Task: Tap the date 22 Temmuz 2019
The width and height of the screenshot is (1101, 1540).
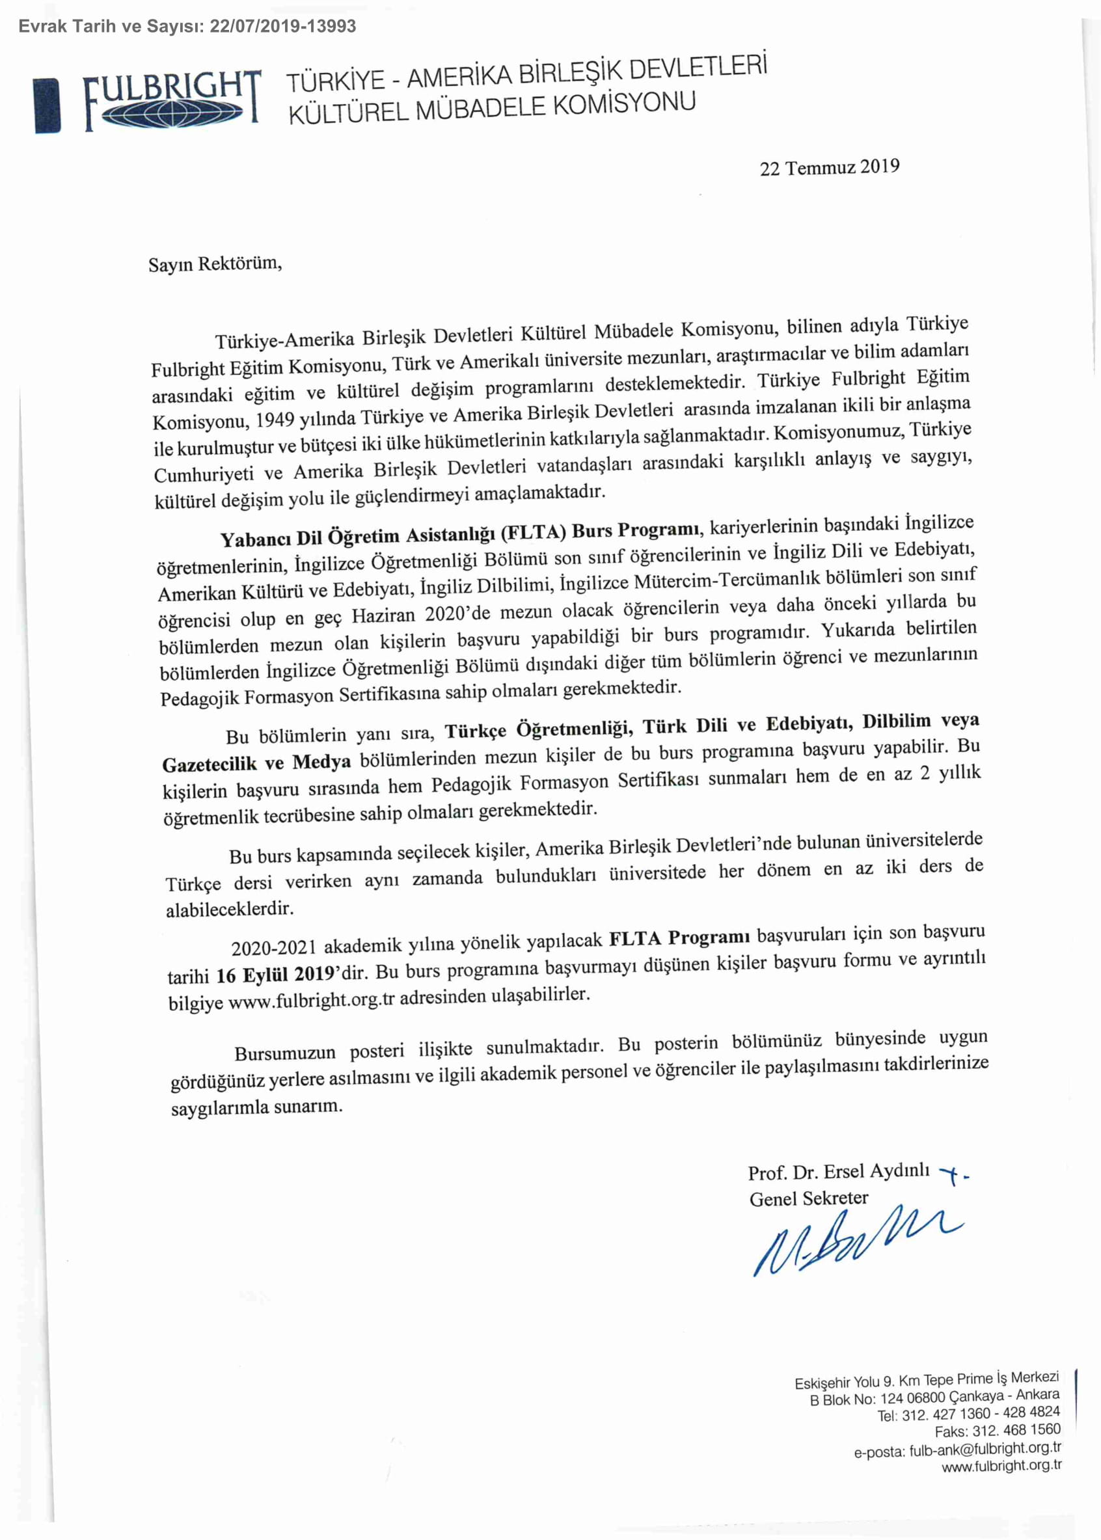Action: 829,167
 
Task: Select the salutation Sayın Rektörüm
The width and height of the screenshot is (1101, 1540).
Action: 215,263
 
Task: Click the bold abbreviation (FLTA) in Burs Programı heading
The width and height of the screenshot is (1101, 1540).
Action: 533,532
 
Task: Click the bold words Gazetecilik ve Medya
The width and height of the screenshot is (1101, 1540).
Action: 256,763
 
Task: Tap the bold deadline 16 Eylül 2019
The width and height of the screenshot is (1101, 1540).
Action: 275,975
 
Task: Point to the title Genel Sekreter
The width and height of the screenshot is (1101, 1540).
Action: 808,1198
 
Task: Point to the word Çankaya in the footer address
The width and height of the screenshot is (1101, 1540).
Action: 975,1396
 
